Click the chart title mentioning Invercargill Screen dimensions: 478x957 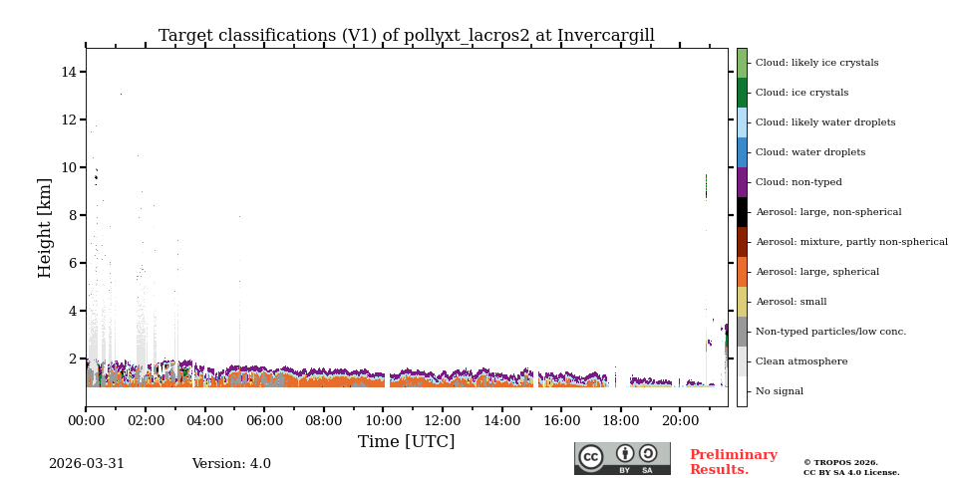[406, 36]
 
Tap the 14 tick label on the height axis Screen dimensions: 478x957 [69, 72]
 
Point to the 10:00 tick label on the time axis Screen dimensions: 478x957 [383, 420]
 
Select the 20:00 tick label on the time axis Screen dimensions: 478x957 [680, 420]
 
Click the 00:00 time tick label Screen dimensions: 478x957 [86, 420]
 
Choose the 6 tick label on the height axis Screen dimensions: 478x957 [73, 263]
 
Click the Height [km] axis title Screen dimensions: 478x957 [46, 227]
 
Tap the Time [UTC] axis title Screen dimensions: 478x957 [406, 441]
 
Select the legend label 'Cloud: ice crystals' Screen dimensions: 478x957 [801, 93]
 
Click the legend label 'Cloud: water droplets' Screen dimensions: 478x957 [809, 152]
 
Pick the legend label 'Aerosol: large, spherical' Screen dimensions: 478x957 [816, 272]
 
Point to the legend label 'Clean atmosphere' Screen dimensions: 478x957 [800, 361]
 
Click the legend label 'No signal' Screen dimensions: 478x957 [779, 391]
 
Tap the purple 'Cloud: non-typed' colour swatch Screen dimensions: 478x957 [742, 182]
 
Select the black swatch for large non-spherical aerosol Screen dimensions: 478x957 [742, 212]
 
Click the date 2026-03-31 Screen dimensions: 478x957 [87, 464]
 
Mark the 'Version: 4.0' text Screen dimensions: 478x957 [231, 464]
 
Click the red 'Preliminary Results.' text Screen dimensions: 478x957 [733, 462]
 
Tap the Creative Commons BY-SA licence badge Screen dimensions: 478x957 [622, 458]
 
